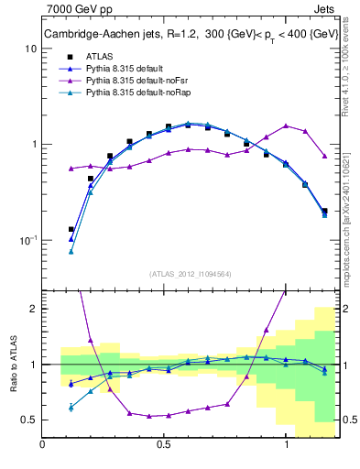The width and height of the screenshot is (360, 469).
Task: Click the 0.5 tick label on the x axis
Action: tap(164, 444)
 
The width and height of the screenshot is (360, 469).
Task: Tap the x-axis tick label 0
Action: tap(43, 444)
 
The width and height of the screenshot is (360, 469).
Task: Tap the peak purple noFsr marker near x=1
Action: tap(286, 125)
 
